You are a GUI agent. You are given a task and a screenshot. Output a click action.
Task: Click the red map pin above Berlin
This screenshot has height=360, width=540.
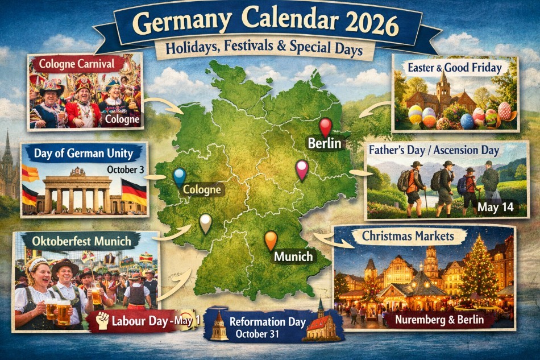[325, 126]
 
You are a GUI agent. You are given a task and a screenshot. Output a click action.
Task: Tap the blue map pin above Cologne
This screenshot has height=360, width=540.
[180, 177]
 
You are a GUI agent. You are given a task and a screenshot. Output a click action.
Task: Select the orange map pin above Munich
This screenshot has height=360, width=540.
[271, 239]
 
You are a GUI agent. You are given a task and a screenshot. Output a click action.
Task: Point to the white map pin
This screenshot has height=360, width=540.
[205, 223]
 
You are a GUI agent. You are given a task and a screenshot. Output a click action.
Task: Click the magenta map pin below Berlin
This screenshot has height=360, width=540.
[302, 168]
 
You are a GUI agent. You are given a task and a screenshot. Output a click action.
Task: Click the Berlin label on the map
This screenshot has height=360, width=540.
[325, 143]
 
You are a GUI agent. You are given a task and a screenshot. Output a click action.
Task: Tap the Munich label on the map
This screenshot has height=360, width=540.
[293, 256]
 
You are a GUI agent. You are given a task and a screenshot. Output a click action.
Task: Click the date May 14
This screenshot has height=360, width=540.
[495, 207]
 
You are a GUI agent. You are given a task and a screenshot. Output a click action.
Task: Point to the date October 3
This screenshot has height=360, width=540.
[126, 169]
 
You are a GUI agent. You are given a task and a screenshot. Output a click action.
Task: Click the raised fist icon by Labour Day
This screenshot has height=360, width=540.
[103, 320]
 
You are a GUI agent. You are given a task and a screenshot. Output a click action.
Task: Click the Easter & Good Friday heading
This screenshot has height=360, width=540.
[455, 68]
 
